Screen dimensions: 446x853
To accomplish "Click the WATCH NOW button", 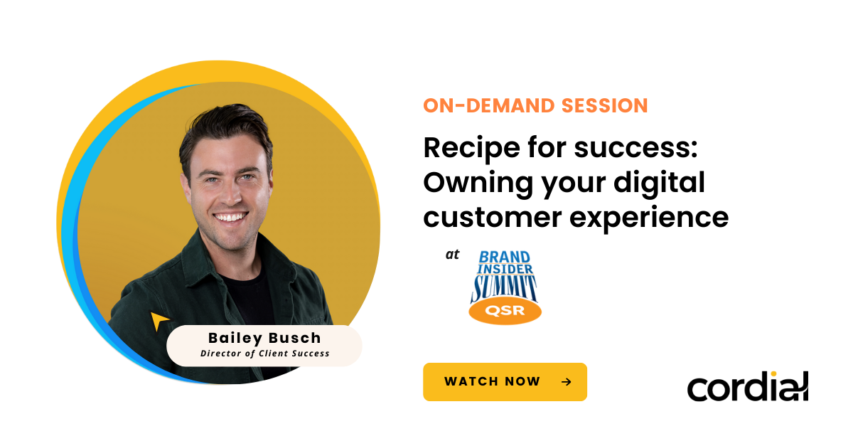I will (505, 382).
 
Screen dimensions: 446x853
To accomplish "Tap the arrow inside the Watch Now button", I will (566, 382).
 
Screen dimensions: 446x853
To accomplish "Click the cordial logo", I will (747, 386).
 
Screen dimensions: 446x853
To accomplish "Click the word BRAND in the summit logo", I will (504, 257).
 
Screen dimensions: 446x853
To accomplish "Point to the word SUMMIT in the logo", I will (505, 287).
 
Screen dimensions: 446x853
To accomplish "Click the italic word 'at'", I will (453, 255).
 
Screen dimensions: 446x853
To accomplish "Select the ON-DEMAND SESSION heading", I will (535, 106).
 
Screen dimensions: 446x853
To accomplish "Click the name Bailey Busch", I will (264, 337).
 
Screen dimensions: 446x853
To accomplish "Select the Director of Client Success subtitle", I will (264, 353).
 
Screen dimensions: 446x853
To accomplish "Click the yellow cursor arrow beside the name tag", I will (159, 321).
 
